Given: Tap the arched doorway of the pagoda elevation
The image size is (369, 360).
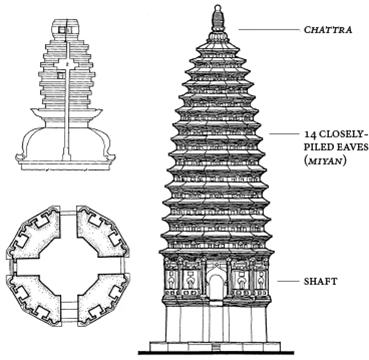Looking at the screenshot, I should coord(216,290).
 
